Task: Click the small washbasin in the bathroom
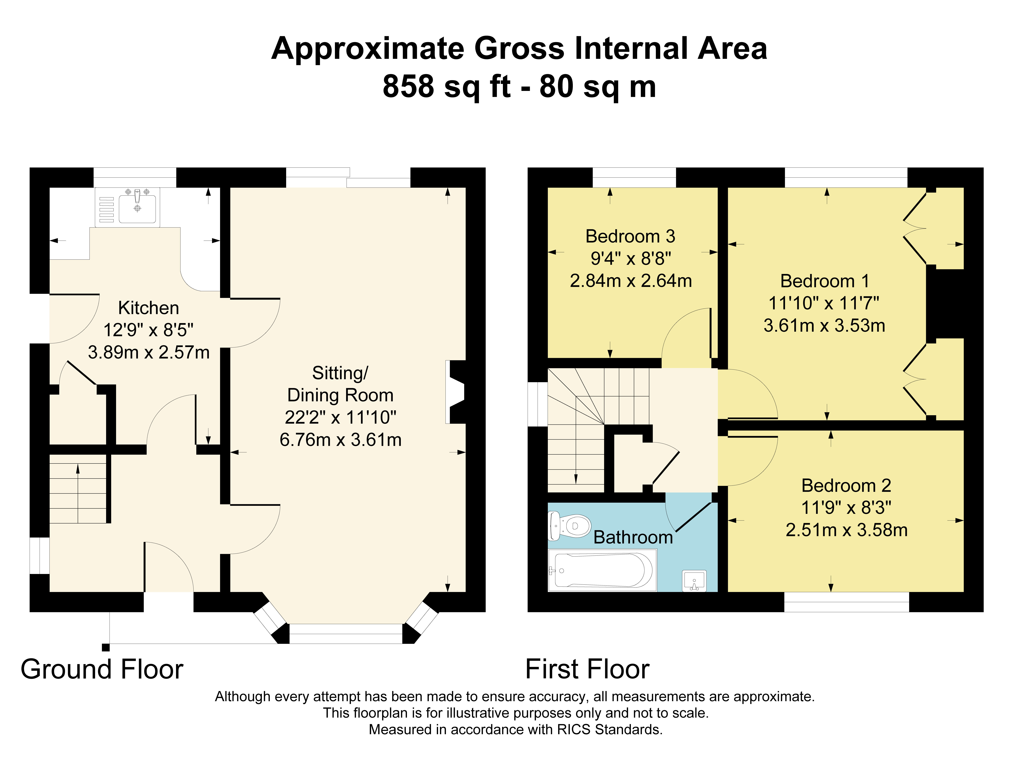click(x=694, y=580)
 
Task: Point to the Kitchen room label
click(x=148, y=308)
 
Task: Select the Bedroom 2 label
click(x=846, y=486)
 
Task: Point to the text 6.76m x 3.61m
click(x=341, y=440)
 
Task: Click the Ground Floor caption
click(x=102, y=670)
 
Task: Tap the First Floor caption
click(x=587, y=670)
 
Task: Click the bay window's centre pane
click(x=346, y=633)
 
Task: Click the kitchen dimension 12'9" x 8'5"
click(x=148, y=330)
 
